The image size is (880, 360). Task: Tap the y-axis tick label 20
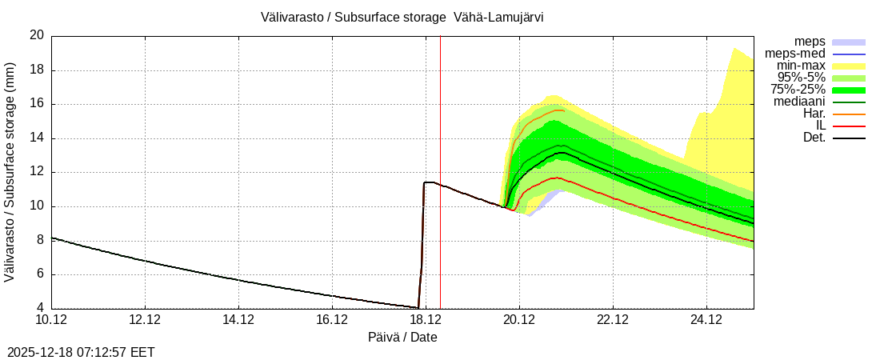(x=37, y=35)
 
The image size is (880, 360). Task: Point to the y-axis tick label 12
(x=37, y=172)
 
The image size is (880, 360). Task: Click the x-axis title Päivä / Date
(x=402, y=337)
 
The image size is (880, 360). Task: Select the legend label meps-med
(x=795, y=54)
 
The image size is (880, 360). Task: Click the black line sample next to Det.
(x=849, y=138)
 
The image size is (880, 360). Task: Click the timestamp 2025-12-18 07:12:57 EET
(x=81, y=352)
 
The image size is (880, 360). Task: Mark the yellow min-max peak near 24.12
(x=733, y=49)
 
